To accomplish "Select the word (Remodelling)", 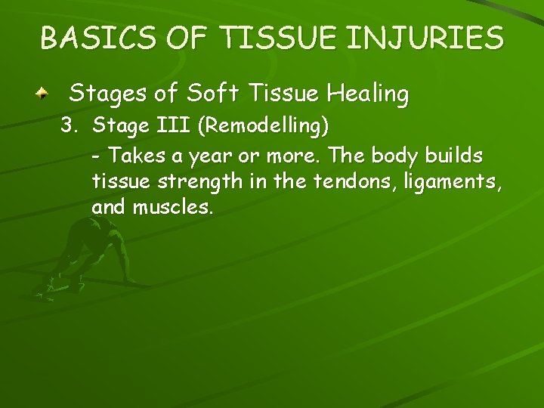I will [262, 127].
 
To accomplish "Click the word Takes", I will [133, 156].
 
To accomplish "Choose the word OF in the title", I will [179, 37].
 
